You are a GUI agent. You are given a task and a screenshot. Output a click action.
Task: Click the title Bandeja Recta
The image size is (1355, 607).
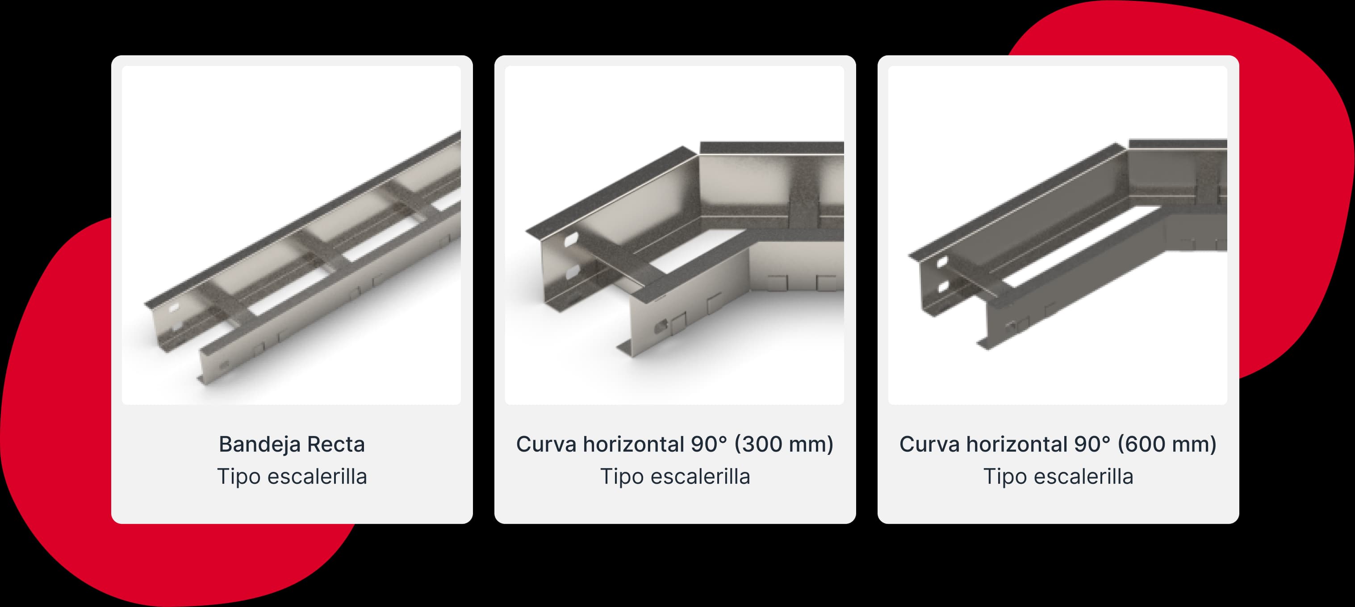pos(292,444)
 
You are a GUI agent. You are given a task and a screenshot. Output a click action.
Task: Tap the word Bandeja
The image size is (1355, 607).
pos(259,445)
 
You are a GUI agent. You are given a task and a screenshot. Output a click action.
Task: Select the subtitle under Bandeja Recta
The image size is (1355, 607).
pos(292,477)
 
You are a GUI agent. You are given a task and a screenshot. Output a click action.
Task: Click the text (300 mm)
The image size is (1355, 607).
pos(784,445)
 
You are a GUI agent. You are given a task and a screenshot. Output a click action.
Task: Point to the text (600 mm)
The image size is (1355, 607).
pos(1167,445)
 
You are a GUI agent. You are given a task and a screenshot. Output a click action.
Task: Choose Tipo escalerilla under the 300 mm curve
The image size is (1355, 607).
pos(675,477)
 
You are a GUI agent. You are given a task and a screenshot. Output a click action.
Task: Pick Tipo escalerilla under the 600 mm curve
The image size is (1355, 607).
pos(1058,477)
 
